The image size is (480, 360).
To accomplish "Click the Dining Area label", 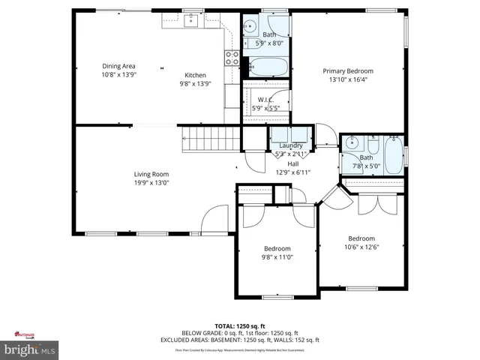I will point(118,66).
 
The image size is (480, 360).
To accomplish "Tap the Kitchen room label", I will point(196,75).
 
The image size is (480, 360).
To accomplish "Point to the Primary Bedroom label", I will point(348,71).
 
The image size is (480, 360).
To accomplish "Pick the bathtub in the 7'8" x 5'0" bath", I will point(393,156).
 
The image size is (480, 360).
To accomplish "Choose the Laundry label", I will point(291,145).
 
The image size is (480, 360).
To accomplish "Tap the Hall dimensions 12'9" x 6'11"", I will point(292,172).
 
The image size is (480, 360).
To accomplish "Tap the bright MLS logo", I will point(30,349).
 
